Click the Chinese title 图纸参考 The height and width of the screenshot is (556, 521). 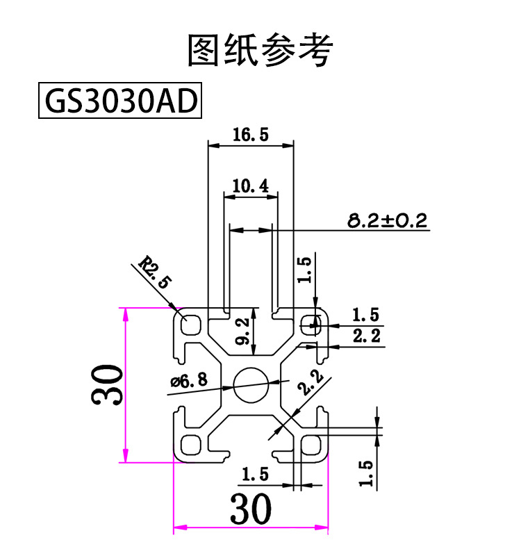pyautogui.click(x=260, y=49)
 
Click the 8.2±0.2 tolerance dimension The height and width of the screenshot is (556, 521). pyautogui.click(x=388, y=221)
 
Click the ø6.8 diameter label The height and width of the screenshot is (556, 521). pyautogui.click(x=189, y=381)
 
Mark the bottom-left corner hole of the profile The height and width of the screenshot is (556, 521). pyautogui.click(x=190, y=443)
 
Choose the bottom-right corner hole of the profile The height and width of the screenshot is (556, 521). pyautogui.click(x=311, y=444)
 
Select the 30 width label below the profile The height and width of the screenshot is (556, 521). pyautogui.click(x=250, y=512)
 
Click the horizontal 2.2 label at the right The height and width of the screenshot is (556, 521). pyautogui.click(x=367, y=337)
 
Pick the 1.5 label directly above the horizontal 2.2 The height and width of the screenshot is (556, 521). pyautogui.click(x=367, y=315)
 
